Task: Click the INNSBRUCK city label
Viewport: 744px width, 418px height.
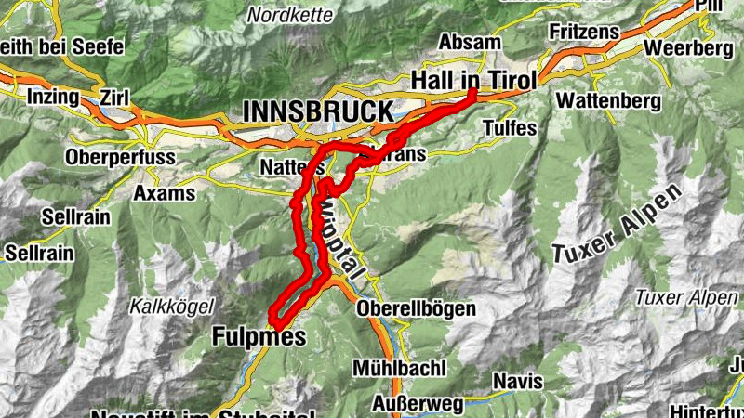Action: point(318,111)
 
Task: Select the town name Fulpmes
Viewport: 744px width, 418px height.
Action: point(259,336)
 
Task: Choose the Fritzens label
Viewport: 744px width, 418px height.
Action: point(584,32)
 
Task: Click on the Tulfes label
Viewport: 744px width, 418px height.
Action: point(510,128)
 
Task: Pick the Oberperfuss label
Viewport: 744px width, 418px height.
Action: point(120,158)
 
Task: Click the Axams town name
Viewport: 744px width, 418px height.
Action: point(165,193)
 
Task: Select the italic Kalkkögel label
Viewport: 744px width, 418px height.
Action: point(173,305)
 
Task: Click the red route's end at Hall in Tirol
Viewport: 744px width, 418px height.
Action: point(472,92)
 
